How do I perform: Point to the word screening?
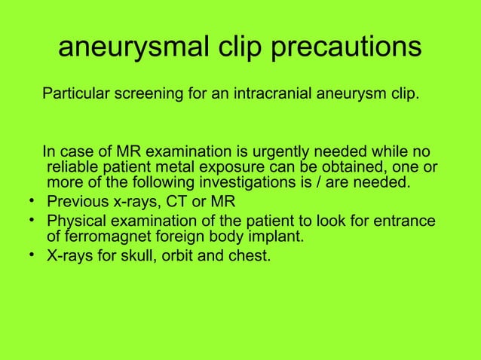[148, 96]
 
